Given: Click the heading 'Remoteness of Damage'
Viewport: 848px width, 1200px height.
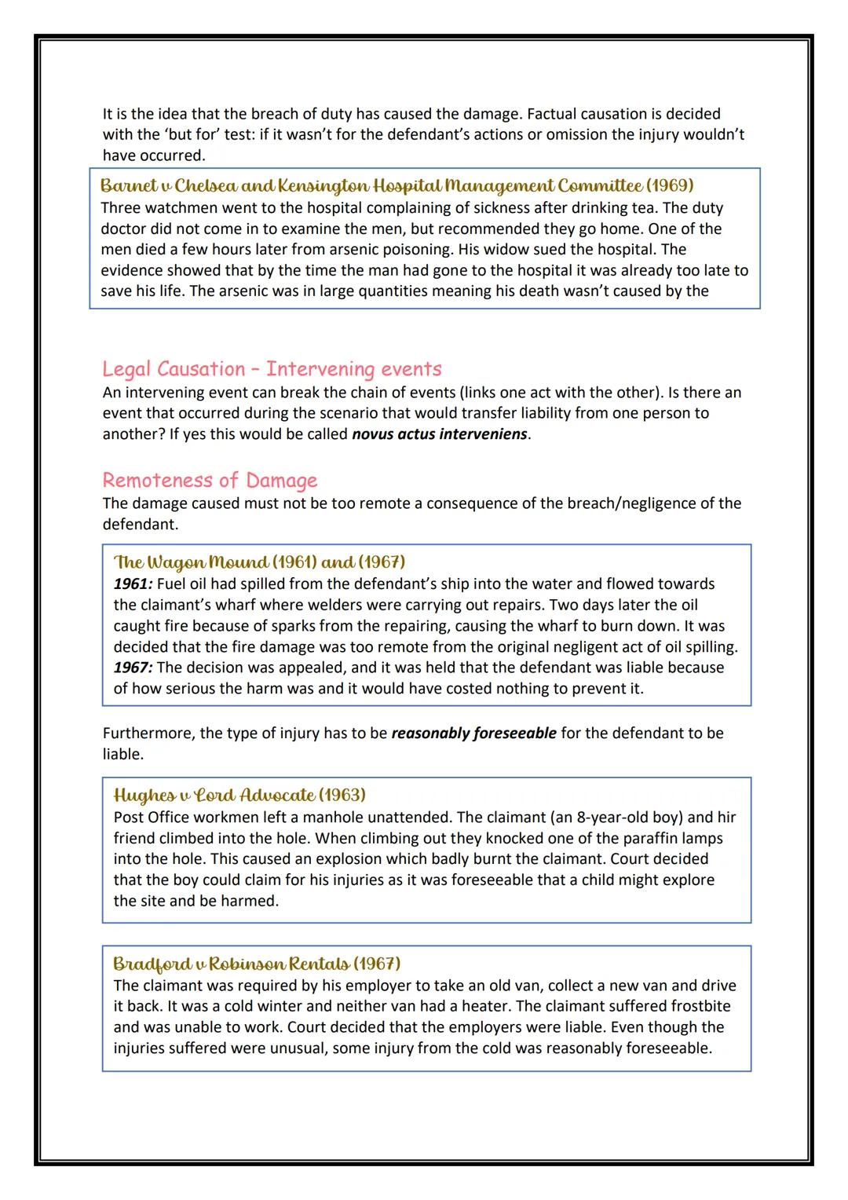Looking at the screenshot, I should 210,480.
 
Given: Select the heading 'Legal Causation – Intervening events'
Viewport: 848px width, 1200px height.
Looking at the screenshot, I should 272,368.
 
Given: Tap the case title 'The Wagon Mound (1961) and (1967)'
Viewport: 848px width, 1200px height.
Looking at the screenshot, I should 259,562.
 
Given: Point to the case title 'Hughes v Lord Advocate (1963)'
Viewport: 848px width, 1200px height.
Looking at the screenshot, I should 239,795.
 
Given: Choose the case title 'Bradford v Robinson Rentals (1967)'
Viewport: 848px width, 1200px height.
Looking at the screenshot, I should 257,963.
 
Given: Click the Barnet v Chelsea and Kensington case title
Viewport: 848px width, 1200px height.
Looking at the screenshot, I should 397,186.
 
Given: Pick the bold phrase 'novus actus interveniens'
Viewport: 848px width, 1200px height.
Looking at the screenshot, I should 440,434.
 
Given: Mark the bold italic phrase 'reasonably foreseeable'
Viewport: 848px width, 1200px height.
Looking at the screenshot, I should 473,733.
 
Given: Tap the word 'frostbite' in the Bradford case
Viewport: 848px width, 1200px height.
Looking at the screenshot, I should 700,1006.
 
